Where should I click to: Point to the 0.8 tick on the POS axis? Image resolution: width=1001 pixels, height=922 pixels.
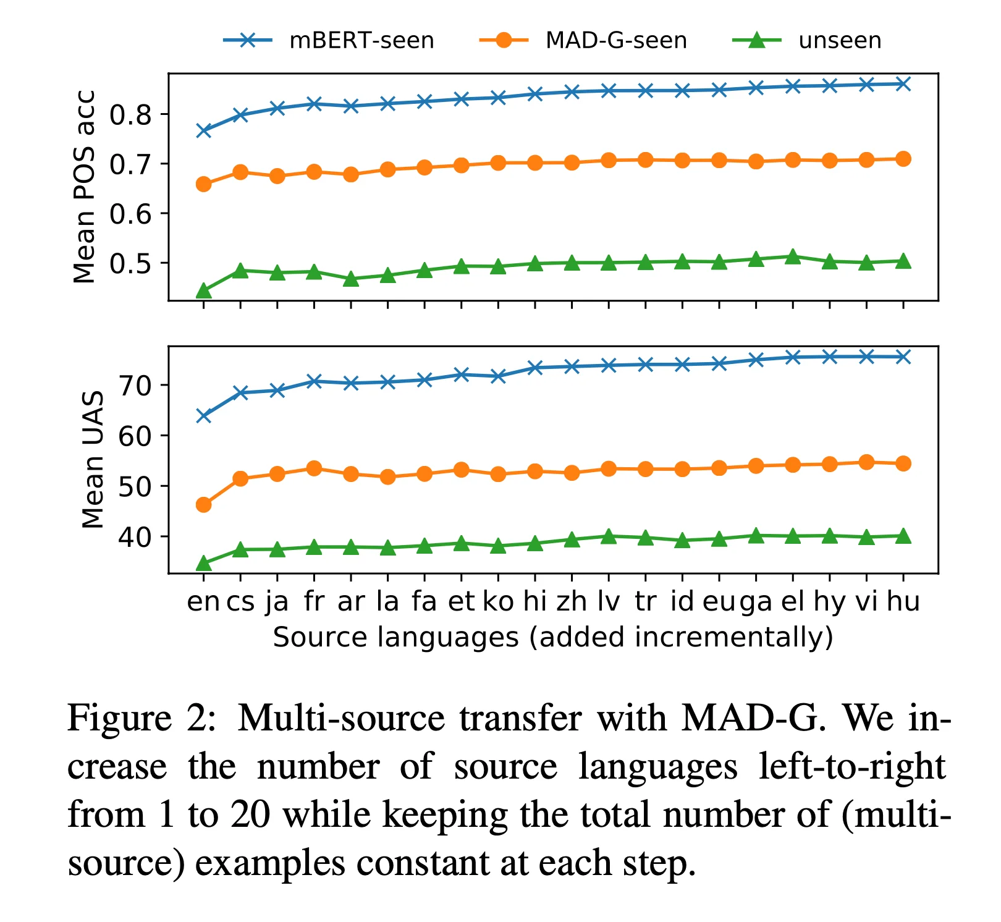pos(130,114)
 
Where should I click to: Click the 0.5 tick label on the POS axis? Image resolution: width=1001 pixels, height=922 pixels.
pos(130,263)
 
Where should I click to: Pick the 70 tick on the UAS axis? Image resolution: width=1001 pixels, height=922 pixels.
pos(136,385)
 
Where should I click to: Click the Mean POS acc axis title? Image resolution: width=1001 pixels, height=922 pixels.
pos(84,187)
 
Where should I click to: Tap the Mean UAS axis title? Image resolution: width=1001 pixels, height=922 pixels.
pos(93,460)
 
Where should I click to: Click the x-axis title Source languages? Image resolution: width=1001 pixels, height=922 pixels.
pos(552,638)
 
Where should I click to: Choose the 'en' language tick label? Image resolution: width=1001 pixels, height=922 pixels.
pos(203,601)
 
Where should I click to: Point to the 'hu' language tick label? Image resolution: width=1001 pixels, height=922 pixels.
pos(903,601)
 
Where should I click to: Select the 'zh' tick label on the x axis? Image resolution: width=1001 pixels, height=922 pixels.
pos(572,601)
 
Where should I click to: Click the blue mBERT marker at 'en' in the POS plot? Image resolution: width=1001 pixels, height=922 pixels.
pos(204,130)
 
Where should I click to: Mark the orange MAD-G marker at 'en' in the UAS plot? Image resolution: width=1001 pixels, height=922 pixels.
pos(204,505)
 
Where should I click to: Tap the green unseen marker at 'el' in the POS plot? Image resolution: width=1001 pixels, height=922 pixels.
pos(793,256)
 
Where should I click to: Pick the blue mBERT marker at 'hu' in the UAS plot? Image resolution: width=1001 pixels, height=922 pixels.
pos(903,357)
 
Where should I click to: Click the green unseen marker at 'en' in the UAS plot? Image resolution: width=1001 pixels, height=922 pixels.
pos(204,563)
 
